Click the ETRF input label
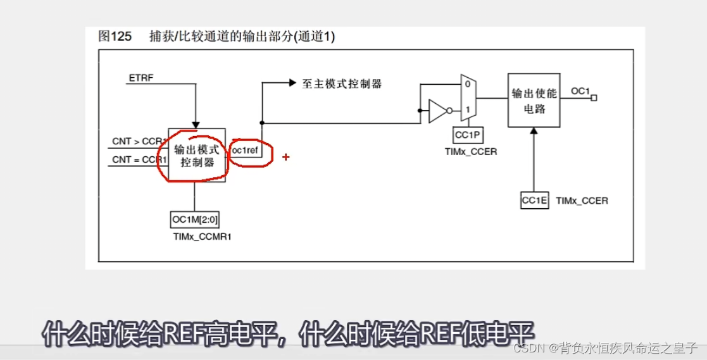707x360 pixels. pos(141,78)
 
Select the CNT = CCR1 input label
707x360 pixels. pos(140,159)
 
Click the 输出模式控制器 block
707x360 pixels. pos(196,156)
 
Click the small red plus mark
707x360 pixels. pos(286,156)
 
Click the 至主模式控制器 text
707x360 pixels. pos(342,84)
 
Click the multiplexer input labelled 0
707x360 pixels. pos(467,84)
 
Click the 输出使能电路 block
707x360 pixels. pos(534,101)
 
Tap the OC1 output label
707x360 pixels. pos(580,91)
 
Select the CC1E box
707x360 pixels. pos(534,200)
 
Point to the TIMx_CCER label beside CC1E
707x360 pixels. pos(582,201)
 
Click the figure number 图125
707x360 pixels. pos(115,37)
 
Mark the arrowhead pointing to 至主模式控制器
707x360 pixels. pos(292,83)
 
